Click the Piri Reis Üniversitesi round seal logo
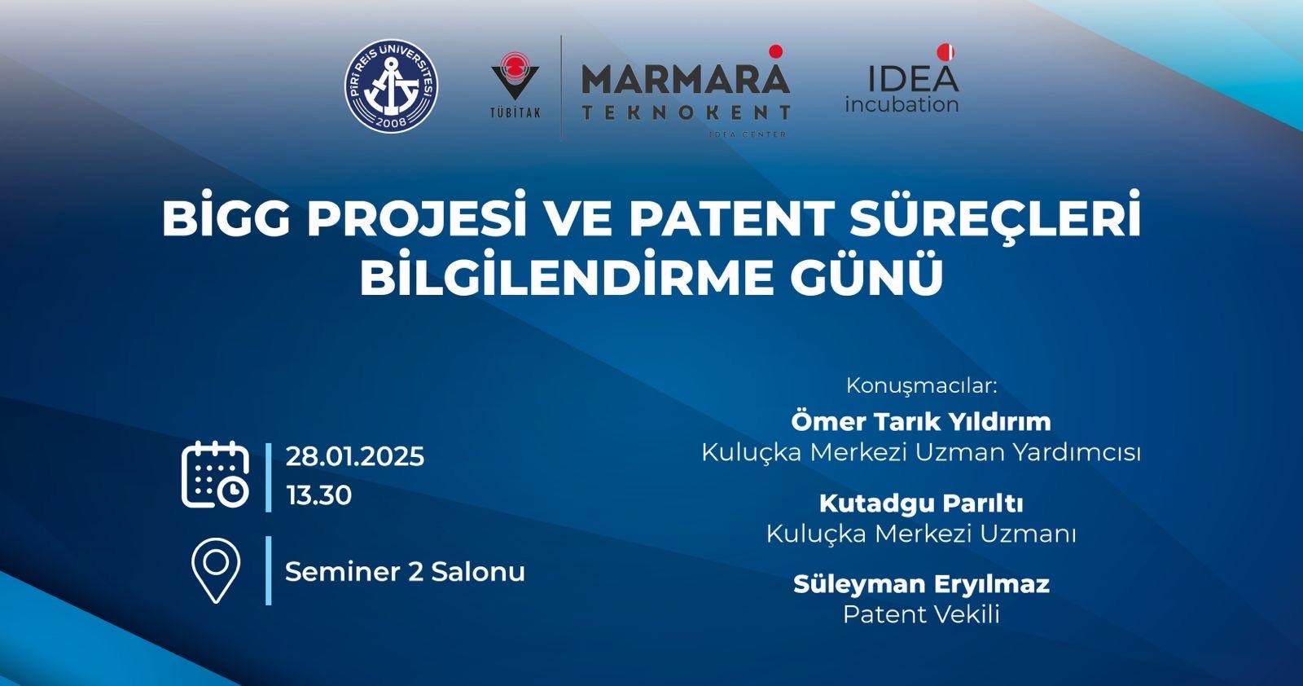392,86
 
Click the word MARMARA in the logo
686,79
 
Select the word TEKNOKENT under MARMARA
686,112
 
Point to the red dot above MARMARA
775,51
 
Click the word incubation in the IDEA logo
902,105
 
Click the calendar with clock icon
215,475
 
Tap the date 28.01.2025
355,457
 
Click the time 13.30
318,495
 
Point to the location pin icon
215,570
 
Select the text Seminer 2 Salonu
405,572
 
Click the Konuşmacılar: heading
921,385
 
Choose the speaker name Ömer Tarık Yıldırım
921,421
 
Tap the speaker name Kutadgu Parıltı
921,504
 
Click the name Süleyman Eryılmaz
921,585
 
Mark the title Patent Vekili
921,615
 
